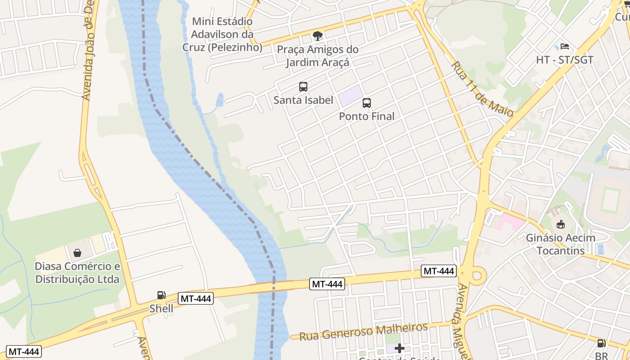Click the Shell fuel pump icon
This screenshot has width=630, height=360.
coord(161,295)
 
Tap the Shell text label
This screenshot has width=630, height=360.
coord(161,309)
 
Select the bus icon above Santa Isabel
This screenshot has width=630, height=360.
coord(303,87)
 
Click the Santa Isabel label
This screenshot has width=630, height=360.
coord(303,100)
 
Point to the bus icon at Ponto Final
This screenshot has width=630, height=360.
coord(367,103)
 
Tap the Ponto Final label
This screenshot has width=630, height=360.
coord(366,116)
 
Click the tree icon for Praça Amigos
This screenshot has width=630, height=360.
coord(318,36)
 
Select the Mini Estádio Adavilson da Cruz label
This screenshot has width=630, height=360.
coord(222,34)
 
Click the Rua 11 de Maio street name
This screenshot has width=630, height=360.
coord(481,90)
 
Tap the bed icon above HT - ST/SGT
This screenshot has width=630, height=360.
coord(565,46)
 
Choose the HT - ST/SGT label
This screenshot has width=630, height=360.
coord(565,60)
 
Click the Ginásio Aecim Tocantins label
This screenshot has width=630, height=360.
coord(560,244)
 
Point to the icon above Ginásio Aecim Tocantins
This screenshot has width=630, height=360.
coord(560,224)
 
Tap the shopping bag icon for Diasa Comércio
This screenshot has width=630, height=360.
coord(77,252)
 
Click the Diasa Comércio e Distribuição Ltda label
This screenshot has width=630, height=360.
coord(77,273)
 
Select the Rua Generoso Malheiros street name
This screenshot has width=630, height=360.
coord(363,332)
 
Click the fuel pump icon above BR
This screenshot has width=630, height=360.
coord(601,343)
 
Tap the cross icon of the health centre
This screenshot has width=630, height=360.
coord(400,348)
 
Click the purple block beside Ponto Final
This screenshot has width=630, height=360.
coord(351,96)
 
